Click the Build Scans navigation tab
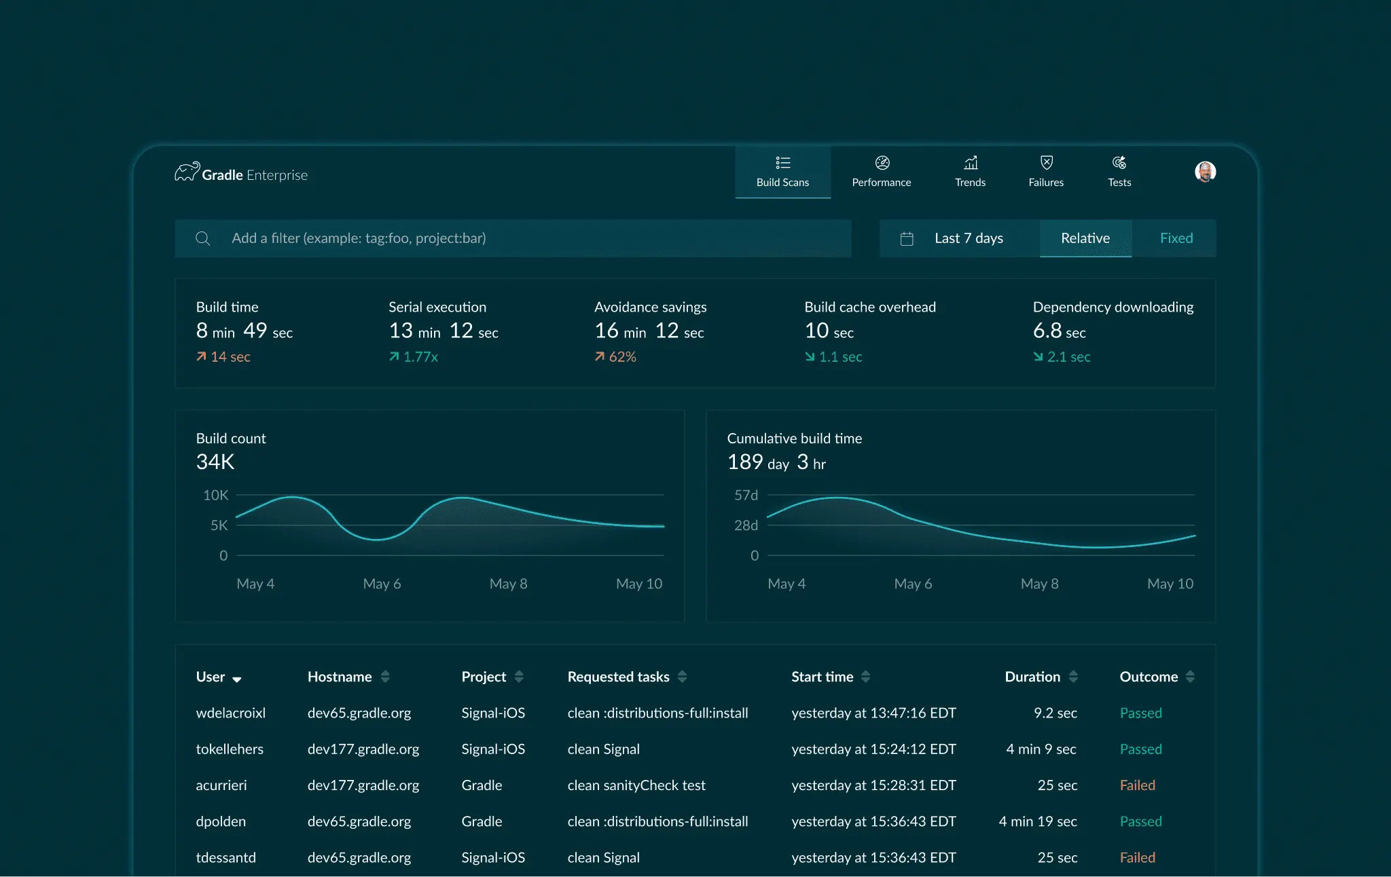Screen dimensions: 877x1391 click(x=782, y=172)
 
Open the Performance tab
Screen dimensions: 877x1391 click(x=882, y=172)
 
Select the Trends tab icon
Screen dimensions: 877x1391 click(x=971, y=163)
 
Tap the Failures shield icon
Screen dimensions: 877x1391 click(x=1046, y=163)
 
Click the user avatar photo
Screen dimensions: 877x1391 click(x=1205, y=172)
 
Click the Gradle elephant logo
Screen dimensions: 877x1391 click(x=187, y=172)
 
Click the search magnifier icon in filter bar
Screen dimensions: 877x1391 click(x=202, y=238)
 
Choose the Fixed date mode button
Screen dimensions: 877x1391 click(x=1176, y=238)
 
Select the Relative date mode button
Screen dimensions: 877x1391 click(x=1085, y=238)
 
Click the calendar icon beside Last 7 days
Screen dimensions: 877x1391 click(x=907, y=238)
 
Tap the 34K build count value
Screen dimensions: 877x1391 click(x=215, y=462)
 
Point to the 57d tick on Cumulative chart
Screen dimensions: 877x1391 click(x=746, y=496)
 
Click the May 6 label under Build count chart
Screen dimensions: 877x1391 click(x=382, y=584)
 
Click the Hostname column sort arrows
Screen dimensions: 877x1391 click(x=385, y=677)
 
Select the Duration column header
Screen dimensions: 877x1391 click(x=1032, y=677)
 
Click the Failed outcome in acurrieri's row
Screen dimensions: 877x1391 click(x=1137, y=785)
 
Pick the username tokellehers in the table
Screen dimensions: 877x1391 click(x=230, y=749)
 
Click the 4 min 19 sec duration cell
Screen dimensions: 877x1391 click(x=1037, y=821)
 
